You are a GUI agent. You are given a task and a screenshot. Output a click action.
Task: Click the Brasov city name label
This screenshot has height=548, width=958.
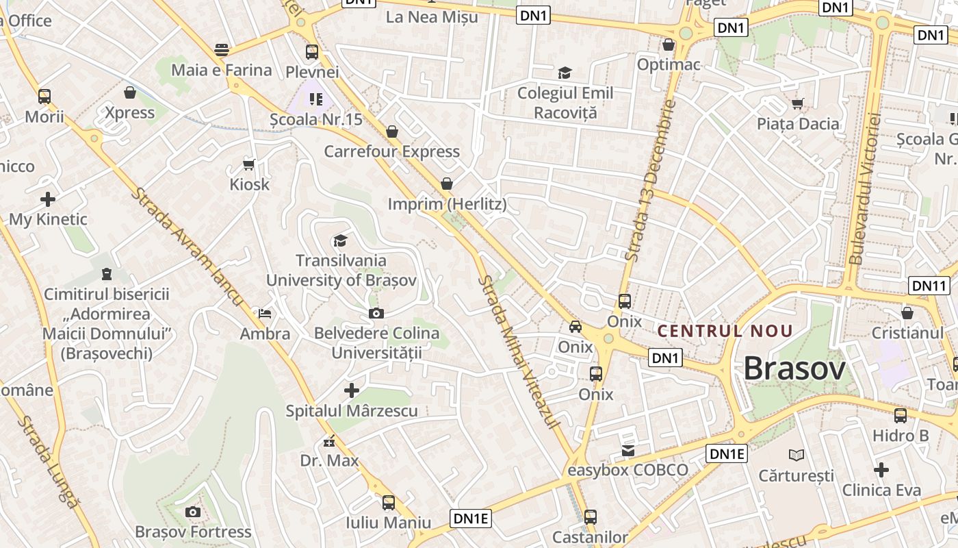pos(794,369)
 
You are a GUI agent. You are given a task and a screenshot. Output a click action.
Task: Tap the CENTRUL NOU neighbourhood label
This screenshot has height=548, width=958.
pos(725,332)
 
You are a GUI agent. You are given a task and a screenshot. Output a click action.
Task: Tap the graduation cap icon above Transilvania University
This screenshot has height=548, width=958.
pos(340,240)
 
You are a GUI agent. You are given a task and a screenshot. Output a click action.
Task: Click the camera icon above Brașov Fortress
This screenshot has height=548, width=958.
pos(193,512)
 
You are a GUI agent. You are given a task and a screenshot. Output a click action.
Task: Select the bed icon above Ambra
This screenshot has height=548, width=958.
pos(265,314)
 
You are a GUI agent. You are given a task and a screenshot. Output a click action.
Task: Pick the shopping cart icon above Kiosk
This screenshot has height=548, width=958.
pos(249,164)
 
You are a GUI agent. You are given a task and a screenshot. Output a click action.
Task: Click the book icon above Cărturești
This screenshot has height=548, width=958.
pos(797,455)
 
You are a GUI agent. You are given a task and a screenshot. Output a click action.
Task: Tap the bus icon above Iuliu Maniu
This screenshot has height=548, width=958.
pos(389,503)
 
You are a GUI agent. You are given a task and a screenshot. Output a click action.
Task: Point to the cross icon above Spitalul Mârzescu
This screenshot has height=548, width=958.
pos(352,390)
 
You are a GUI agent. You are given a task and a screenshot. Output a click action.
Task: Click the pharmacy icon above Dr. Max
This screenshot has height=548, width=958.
pos(329,440)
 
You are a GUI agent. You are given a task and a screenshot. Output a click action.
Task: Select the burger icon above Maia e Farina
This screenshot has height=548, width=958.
pos(221,49)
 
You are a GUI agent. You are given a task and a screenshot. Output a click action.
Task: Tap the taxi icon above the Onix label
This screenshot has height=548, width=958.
pos(575,327)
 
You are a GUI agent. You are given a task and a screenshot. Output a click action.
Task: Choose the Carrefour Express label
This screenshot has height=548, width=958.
pos(391,151)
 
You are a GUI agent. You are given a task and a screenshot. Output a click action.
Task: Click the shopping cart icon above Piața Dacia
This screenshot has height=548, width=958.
pos(797,103)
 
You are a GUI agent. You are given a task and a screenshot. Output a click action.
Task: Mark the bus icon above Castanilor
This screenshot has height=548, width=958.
pos(590,517)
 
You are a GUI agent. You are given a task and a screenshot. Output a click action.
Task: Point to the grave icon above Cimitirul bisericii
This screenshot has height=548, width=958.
pos(106,274)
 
